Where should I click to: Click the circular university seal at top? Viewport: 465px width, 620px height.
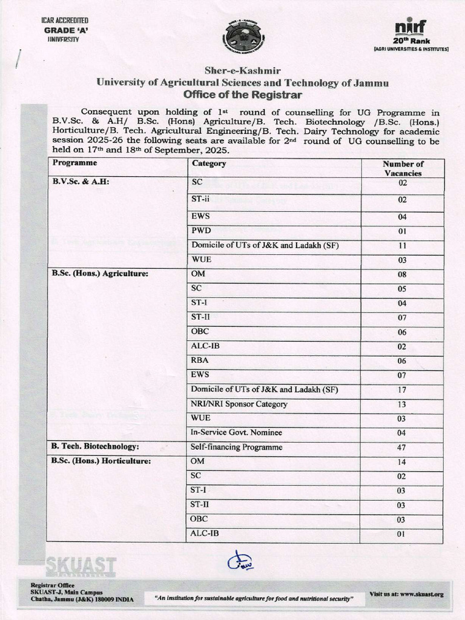click(x=244, y=38)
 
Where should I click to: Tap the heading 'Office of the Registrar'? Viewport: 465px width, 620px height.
click(x=242, y=95)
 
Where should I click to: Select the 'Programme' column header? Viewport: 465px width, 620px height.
click(x=74, y=163)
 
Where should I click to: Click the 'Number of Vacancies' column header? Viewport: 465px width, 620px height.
click(x=403, y=168)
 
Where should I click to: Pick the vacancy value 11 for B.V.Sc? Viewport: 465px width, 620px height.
click(x=403, y=246)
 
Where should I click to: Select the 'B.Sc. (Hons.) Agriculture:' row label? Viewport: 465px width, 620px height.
click(x=100, y=274)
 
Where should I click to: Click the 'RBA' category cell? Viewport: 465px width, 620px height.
click(x=200, y=360)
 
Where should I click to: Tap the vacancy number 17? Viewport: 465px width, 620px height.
click(x=403, y=390)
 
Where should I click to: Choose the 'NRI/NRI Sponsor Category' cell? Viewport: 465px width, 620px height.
click(x=239, y=404)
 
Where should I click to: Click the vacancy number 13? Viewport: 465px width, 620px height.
click(x=403, y=404)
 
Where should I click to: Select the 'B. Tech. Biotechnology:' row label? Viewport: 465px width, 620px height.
click(x=96, y=447)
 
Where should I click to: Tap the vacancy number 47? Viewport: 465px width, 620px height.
click(x=403, y=448)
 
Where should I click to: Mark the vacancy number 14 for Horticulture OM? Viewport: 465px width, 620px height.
click(x=403, y=462)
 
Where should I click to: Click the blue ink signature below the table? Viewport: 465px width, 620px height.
click(x=237, y=561)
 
